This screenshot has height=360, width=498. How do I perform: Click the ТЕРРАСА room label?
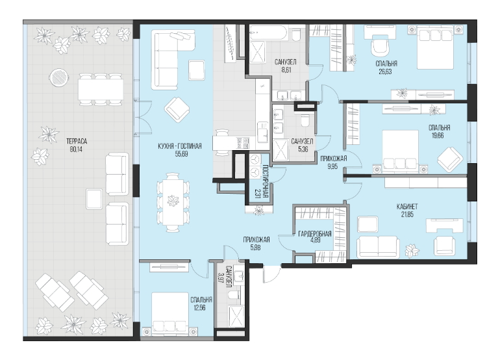[77, 142]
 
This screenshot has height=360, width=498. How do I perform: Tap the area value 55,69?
[180, 154]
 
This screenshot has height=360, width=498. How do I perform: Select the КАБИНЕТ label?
[407, 207]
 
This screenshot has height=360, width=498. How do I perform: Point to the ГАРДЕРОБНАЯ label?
[315, 234]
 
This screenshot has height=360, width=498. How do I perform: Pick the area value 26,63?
[385, 71]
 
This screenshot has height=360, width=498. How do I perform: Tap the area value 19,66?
[438, 136]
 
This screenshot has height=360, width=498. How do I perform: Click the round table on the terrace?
[58, 77]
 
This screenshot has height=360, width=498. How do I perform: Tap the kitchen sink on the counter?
[264, 131]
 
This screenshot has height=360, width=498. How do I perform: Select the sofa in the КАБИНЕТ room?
[378, 247]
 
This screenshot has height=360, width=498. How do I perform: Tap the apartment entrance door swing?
[271, 274]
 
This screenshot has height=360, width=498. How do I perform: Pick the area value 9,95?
[334, 166]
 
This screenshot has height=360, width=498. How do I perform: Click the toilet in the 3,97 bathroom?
[234, 294]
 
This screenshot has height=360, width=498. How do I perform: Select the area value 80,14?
[76, 149]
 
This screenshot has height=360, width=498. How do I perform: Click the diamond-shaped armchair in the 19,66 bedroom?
[451, 159]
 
